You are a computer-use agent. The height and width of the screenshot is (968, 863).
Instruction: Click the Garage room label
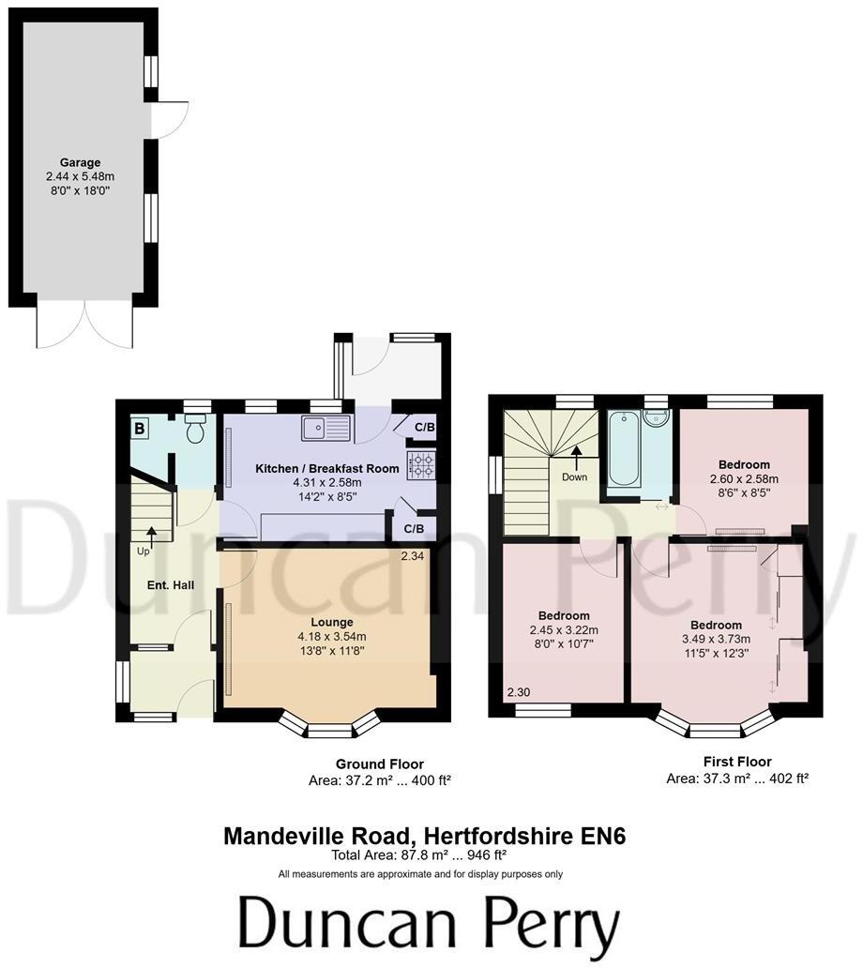click(80, 162)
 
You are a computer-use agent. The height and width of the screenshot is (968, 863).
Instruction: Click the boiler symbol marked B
click(141, 429)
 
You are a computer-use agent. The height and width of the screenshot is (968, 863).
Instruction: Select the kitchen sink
click(326, 430)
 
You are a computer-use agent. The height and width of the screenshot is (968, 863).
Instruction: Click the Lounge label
click(332, 622)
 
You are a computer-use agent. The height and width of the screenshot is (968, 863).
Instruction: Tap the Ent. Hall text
click(170, 585)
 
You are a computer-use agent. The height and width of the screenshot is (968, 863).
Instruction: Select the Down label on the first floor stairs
click(574, 477)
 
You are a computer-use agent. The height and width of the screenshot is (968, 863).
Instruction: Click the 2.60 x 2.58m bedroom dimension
click(744, 478)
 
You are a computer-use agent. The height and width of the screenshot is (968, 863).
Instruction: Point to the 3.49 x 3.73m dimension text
click(716, 639)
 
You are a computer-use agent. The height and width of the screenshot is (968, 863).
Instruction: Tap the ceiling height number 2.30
click(518, 693)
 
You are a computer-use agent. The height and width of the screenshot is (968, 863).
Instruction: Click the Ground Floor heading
click(380, 764)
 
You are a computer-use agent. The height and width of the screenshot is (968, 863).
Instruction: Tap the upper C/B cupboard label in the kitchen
click(424, 428)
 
